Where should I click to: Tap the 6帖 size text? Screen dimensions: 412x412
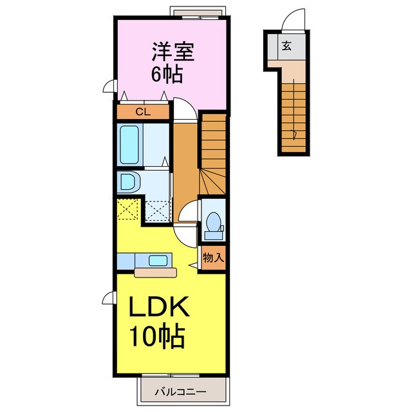166,73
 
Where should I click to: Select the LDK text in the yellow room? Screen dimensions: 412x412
160,310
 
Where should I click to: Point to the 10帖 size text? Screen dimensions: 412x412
158,336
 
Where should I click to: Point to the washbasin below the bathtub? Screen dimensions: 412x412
128,182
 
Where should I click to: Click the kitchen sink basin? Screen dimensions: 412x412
157,261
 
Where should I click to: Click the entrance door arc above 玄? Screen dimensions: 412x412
294,20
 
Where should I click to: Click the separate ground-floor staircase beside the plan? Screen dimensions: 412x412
295,116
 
